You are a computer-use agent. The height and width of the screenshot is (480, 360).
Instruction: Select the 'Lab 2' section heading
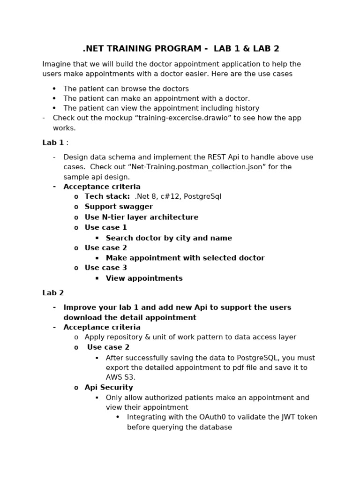coord(53,293)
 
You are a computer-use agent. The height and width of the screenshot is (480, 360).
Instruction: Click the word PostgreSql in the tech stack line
coord(202,196)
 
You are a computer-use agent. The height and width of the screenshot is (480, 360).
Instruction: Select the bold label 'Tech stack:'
coord(107,196)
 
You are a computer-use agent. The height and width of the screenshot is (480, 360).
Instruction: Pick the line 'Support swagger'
coord(119,207)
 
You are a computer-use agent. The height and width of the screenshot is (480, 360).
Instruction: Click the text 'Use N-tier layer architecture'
coord(142,217)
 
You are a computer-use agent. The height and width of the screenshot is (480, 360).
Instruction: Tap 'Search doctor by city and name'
coord(169,238)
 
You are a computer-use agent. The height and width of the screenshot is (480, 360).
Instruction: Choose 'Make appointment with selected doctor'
coord(185,258)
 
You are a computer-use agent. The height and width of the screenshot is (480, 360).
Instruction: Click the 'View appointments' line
coord(144,278)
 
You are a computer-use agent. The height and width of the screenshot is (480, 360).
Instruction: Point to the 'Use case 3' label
coord(106,268)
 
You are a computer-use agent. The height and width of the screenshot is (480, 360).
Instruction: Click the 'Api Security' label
coord(109,388)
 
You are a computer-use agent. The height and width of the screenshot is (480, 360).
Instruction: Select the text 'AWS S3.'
coord(120,377)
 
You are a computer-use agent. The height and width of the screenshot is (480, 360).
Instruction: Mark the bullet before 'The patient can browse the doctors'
coord(54,89)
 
